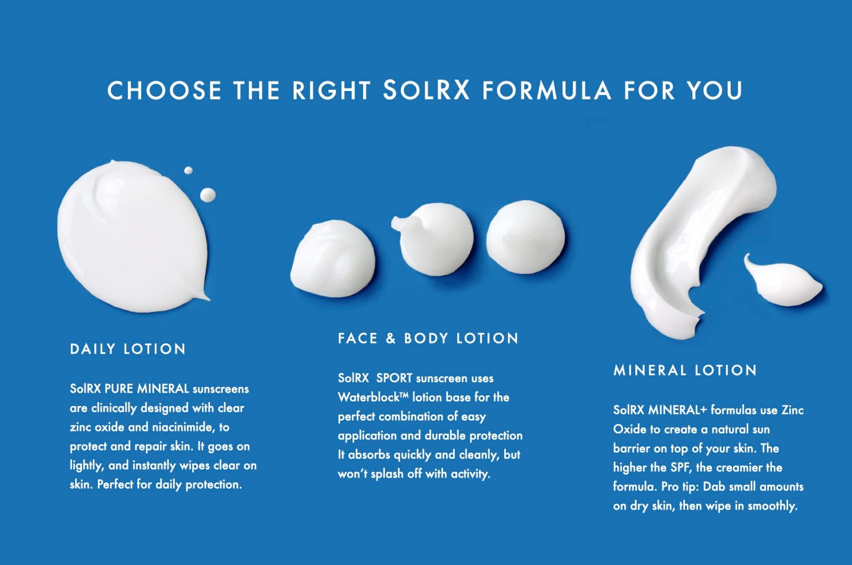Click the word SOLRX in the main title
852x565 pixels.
pos(426,90)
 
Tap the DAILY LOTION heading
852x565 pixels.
pos(128,349)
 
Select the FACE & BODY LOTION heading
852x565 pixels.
pos(428,338)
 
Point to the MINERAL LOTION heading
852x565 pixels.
pos(685,370)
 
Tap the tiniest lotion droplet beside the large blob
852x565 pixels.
pos(189,170)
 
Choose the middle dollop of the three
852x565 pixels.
pos(433,239)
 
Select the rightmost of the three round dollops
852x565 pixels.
pos(526,236)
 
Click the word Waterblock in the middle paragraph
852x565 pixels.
pos(369,397)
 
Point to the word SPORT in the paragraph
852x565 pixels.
pos(394,378)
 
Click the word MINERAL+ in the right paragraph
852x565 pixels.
pos(677,410)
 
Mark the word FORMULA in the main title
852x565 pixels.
pos(547,91)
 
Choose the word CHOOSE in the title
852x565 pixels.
pos(165,91)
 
